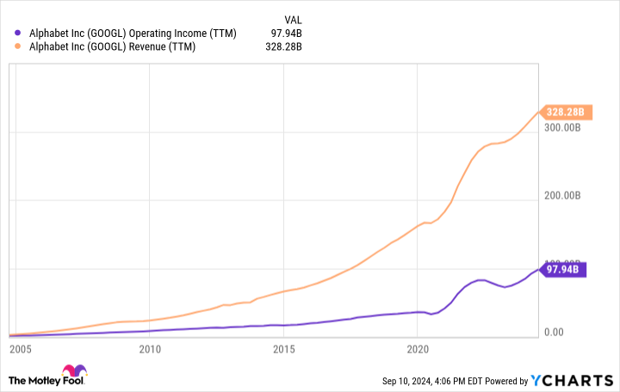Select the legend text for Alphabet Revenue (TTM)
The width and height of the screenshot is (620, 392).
pos(111,46)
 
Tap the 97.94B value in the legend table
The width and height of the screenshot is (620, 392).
pos(296,33)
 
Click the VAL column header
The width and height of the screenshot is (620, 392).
pos(293,18)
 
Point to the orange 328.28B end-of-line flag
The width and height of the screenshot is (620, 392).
pos(566,112)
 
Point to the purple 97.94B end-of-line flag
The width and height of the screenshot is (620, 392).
pos(566,269)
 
